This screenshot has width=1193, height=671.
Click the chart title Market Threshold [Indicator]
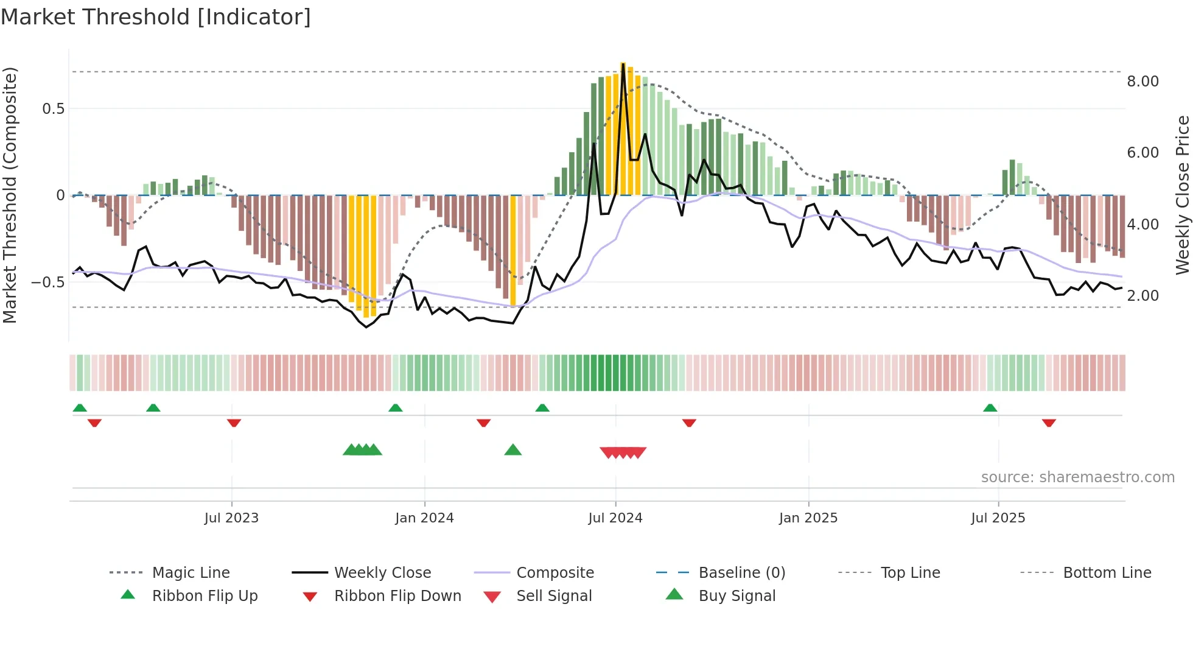(156, 17)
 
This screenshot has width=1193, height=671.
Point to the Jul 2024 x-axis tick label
(615, 518)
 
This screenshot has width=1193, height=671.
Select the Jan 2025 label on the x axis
(808, 518)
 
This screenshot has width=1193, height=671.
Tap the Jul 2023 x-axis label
(231, 518)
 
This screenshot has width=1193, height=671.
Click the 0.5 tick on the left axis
(53, 109)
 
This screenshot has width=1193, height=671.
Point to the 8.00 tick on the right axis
(1142, 82)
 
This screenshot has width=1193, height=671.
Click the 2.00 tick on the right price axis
(1142, 296)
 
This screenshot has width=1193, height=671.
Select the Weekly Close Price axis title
(1181, 195)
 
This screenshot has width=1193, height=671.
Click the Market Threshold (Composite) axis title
(10, 195)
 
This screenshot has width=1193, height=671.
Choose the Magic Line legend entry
(191, 573)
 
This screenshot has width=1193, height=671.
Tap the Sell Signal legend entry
(553, 596)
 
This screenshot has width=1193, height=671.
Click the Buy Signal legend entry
(736, 596)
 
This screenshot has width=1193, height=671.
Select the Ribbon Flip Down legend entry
(397, 596)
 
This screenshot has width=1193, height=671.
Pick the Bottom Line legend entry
(1107, 573)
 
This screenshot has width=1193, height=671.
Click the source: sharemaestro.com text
(1077, 477)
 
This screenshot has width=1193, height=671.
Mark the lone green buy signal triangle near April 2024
(513, 450)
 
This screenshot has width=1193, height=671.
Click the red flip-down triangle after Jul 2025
(1048, 423)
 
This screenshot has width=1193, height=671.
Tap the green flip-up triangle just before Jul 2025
(990, 407)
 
